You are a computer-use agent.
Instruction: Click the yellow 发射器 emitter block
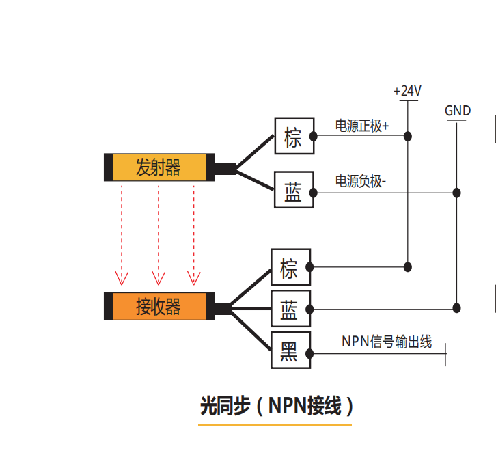click(x=159, y=167)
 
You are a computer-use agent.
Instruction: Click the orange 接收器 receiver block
click(x=159, y=306)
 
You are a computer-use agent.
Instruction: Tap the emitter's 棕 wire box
click(x=293, y=137)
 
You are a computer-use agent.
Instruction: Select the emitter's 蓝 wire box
click(x=293, y=191)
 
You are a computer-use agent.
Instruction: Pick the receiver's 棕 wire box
click(x=290, y=266)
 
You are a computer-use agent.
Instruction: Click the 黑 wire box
click(x=290, y=352)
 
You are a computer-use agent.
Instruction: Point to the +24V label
click(x=407, y=91)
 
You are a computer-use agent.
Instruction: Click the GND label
click(x=457, y=111)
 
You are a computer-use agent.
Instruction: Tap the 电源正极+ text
click(x=361, y=126)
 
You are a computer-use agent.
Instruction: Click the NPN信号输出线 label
click(x=387, y=342)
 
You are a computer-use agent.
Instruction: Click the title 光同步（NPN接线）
click(x=276, y=407)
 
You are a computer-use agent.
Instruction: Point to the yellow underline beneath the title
click(x=275, y=425)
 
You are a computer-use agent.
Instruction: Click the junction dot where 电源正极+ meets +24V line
click(x=408, y=136)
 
